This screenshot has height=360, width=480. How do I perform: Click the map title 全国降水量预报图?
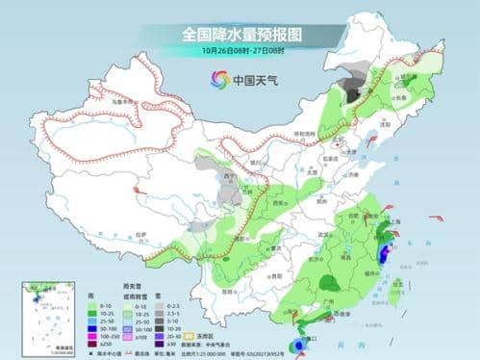[x=239, y=35]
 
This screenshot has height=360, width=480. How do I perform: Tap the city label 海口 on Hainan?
[x=306, y=339]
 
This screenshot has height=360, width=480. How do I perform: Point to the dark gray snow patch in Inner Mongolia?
[x=354, y=94]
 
